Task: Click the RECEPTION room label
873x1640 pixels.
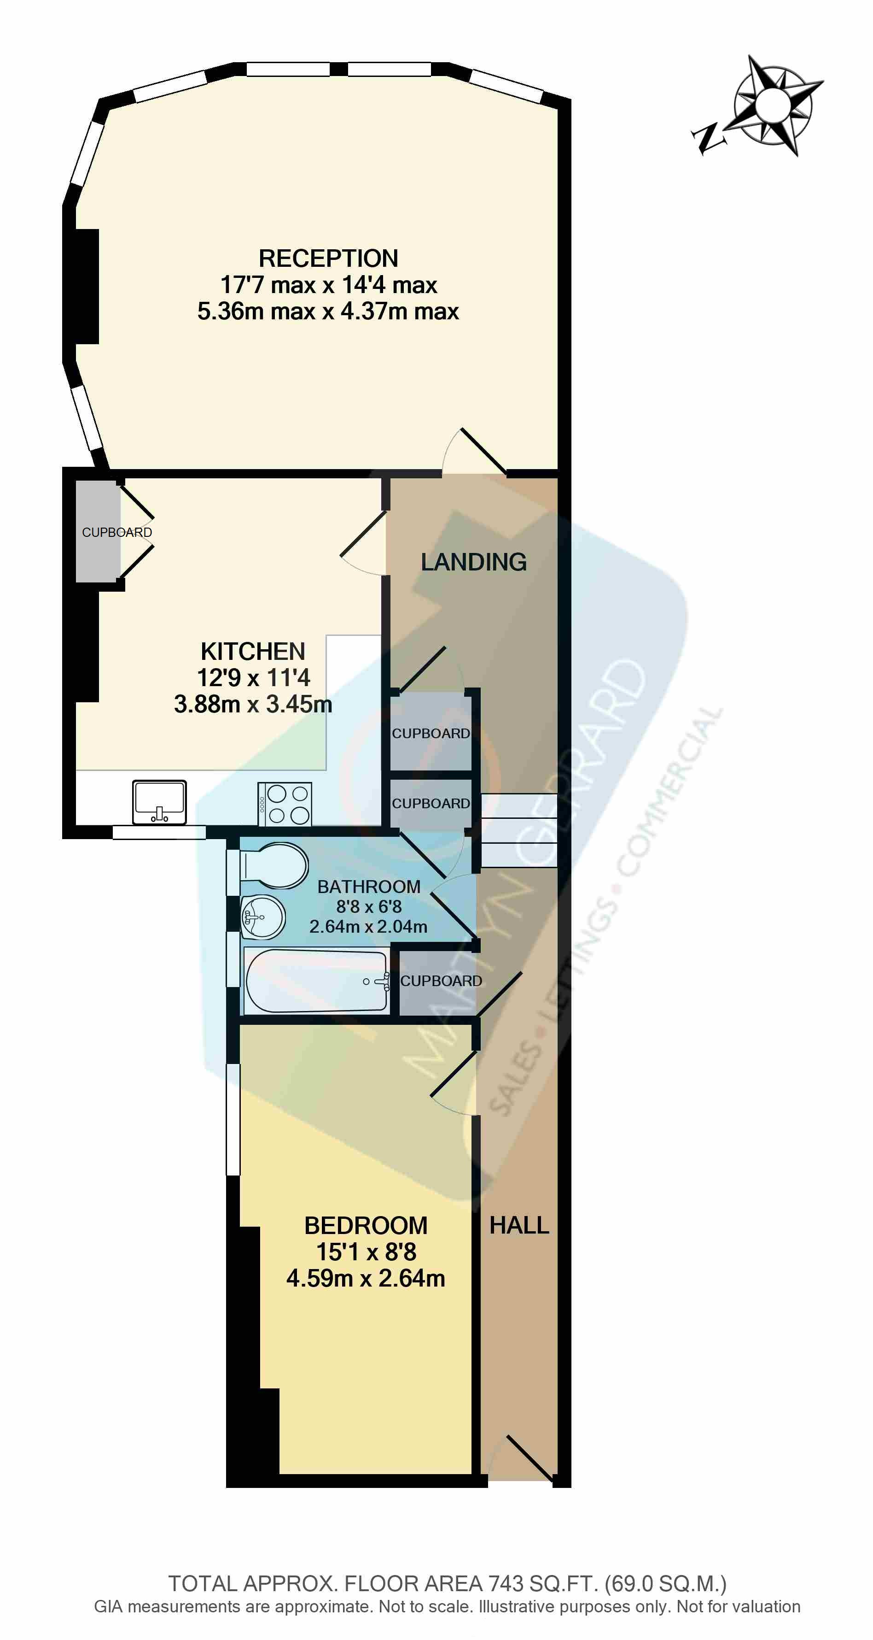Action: click(328, 259)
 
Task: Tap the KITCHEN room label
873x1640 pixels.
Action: click(253, 651)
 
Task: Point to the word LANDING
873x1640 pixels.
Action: click(473, 562)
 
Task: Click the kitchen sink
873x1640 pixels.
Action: click(159, 802)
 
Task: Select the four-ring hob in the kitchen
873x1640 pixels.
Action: click(285, 804)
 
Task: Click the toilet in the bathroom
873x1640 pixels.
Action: click(274, 866)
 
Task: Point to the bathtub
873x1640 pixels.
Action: click(316, 981)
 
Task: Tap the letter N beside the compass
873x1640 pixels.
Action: click(708, 137)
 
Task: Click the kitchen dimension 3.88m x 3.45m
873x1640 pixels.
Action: click(253, 705)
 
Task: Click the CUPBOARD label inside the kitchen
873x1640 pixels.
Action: click(117, 532)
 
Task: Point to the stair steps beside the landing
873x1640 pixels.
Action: click(518, 830)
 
